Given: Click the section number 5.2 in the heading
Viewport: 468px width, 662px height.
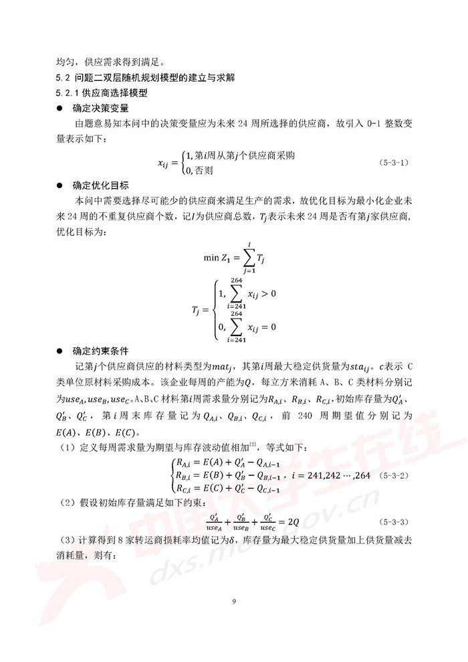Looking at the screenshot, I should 62,77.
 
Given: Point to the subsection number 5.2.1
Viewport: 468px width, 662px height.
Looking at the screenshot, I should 68,92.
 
